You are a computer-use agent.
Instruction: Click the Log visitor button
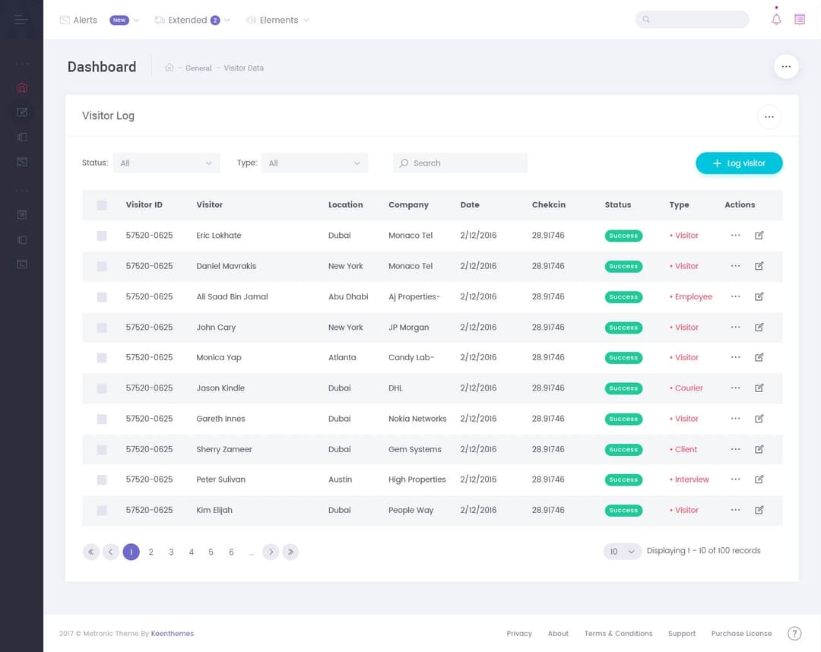[738, 163]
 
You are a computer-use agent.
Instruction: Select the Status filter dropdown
[166, 163]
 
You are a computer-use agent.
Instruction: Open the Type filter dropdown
[314, 163]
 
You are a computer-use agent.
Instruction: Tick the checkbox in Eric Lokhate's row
[102, 236]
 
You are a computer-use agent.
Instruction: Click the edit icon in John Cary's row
[759, 328]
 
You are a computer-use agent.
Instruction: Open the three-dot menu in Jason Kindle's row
[735, 388]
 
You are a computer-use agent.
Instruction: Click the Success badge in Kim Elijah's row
[623, 511]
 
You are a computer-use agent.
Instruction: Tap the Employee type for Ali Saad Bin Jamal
[693, 297]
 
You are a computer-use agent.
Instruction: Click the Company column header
[408, 205]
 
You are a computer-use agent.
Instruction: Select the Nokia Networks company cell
[417, 419]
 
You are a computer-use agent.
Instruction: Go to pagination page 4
[192, 552]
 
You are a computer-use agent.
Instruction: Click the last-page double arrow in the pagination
[290, 552]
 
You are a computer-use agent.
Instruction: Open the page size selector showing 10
[622, 552]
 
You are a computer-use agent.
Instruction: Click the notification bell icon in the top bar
[776, 20]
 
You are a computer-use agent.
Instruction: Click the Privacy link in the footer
[519, 634]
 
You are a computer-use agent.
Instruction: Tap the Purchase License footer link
[741, 634]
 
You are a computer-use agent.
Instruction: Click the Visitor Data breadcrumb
[243, 68]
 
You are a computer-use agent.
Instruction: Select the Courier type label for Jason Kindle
[689, 388]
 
